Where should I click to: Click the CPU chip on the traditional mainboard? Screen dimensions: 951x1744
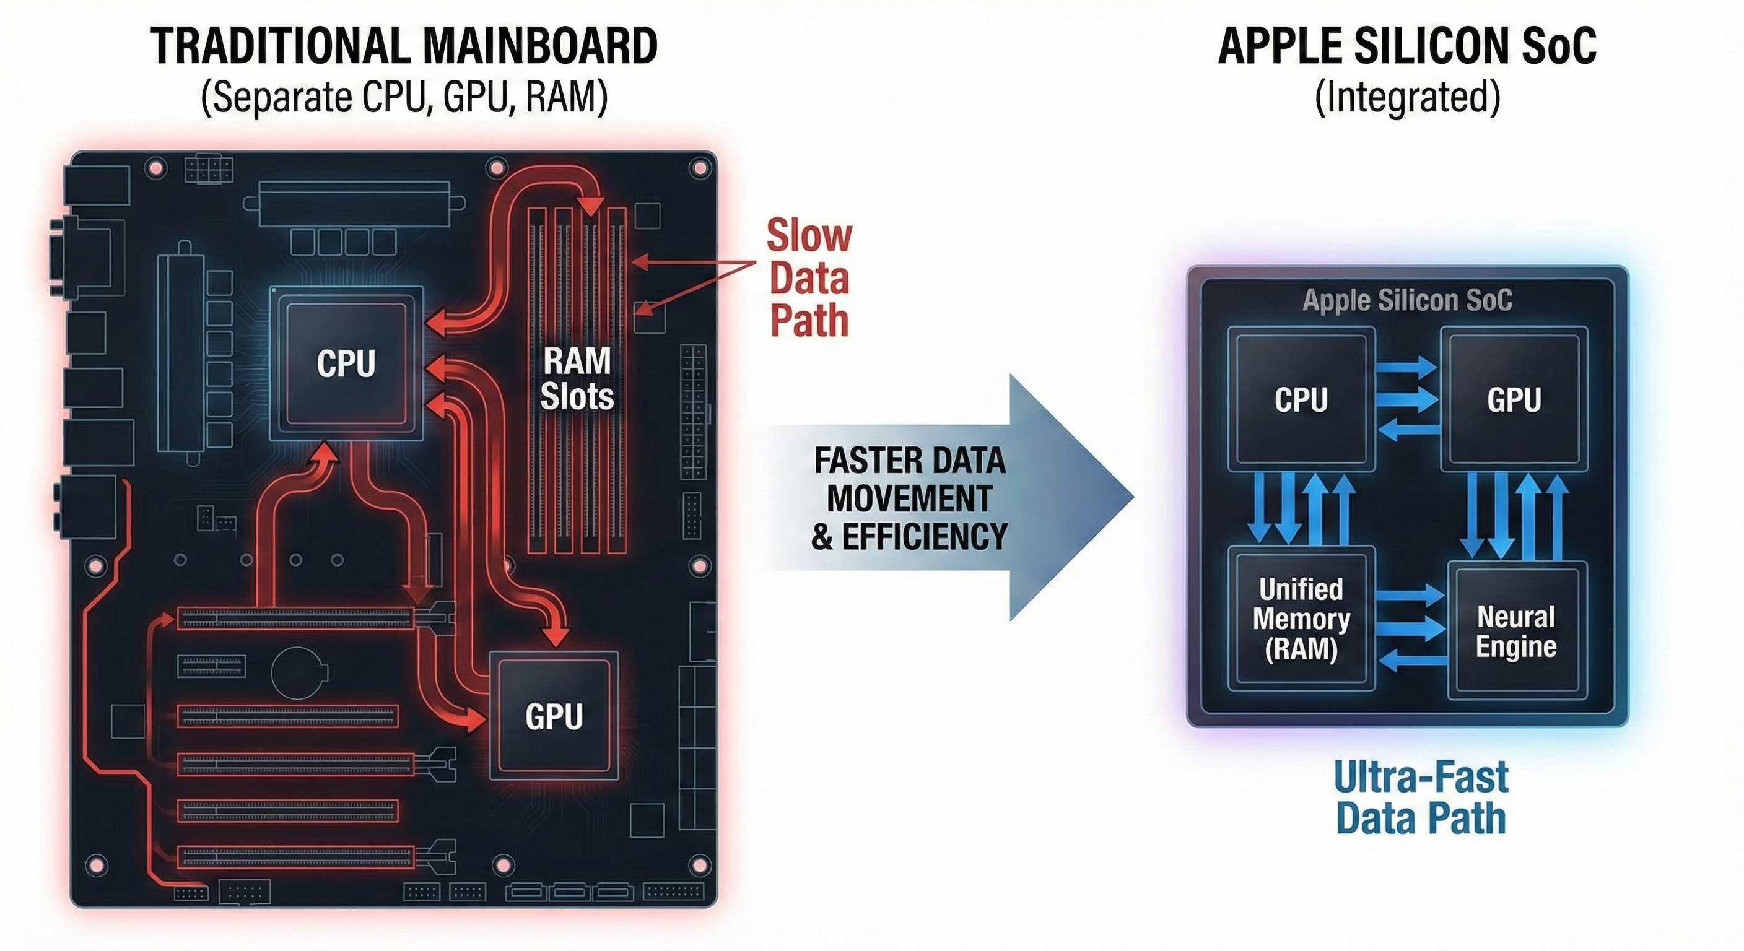click(x=346, y=363)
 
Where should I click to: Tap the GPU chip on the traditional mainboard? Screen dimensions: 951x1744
click(x=553, y=716)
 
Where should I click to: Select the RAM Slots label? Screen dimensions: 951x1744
click(x=577, y=378)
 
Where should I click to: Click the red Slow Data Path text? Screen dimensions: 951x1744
click(x=809, y=278)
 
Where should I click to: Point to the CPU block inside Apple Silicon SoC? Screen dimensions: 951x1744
click(x=1301, y=399)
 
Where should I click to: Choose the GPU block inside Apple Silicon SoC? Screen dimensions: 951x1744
click(x=1514, y=399)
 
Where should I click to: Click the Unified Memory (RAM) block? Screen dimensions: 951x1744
click(x=1301, y=619)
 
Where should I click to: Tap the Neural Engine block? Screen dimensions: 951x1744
click(x=1516, y=631)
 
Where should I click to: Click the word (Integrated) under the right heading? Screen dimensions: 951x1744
click(x=1407, y=97)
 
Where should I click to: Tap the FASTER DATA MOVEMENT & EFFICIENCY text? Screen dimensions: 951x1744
click(x=909, y=499)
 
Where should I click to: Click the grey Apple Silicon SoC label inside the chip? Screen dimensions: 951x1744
click(x=1407, y=300)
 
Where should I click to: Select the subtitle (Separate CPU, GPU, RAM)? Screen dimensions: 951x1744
click(x=404, y=97)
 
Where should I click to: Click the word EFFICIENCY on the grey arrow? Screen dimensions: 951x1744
click(x=924, y=537)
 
